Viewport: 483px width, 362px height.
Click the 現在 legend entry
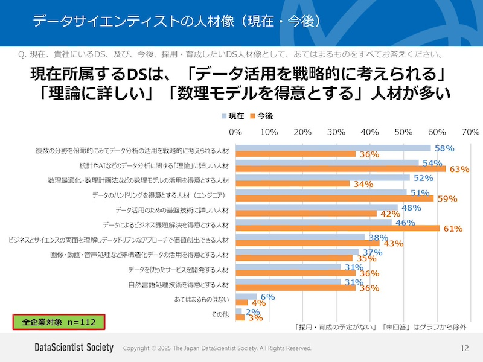233,115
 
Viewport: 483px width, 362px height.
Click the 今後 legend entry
261,115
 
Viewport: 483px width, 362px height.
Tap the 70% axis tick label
470,132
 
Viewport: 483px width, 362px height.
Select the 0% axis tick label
235,132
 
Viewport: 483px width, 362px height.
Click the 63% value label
459,169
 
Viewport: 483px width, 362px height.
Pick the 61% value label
453,229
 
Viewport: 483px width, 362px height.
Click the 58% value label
444,148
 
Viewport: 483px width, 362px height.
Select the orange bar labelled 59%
334,198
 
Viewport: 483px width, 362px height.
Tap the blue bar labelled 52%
322,178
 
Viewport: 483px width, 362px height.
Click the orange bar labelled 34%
292,184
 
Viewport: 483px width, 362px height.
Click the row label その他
219,314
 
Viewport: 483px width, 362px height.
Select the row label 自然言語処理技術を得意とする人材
179,284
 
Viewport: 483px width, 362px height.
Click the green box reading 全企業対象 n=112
59,322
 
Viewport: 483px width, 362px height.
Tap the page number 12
464,348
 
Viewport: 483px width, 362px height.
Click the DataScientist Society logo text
74,348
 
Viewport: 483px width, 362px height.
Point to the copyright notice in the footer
217,348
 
